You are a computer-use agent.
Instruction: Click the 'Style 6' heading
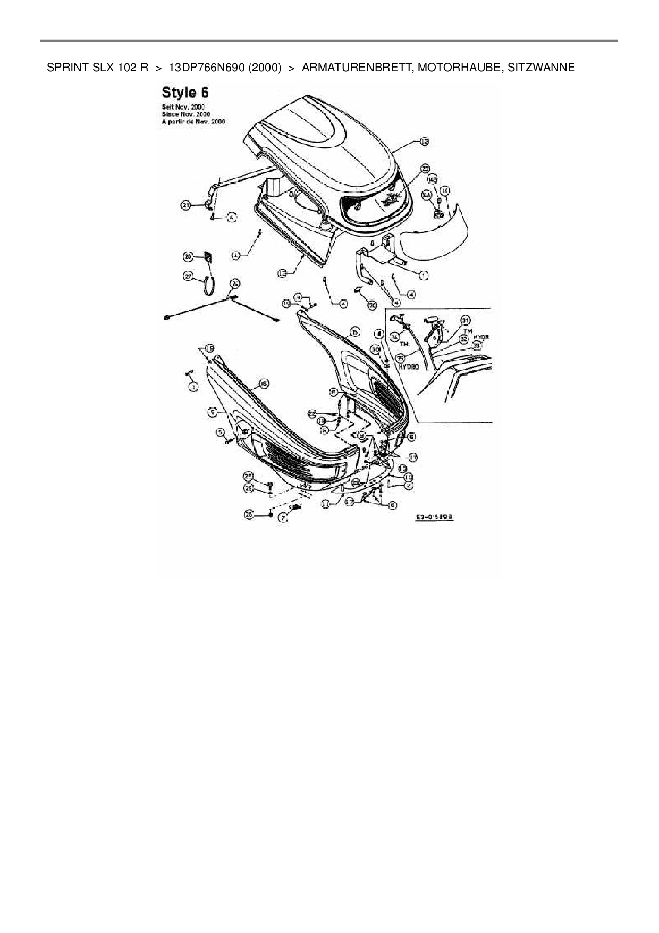[x=185, y=93]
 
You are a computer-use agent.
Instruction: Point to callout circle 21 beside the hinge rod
[x=185, y=205]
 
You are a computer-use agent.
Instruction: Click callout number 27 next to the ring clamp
[x=188, y=276]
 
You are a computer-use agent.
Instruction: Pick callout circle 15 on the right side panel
[x=355, y=332]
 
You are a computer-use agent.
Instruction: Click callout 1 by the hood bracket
[x=424, y=275]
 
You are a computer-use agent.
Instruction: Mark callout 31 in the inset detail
[x=466, y=320]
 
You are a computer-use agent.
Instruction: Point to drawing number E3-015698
[x=436, y=516]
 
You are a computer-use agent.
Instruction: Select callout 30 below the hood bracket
[x=372, y=305]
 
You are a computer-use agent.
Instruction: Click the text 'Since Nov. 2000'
[x=185, y=114]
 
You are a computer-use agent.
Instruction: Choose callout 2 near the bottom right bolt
[x=408, y=485]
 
